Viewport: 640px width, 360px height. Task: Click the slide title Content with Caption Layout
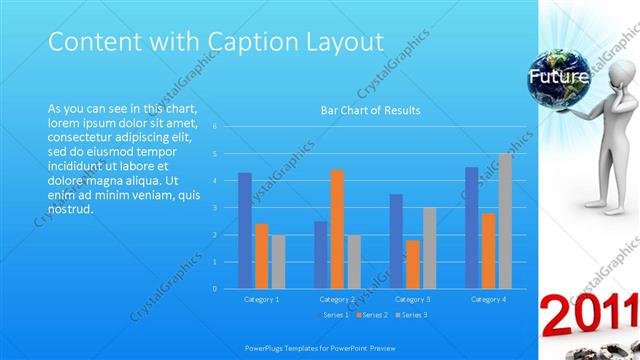click(216, 42)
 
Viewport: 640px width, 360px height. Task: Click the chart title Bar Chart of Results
click(370, 110)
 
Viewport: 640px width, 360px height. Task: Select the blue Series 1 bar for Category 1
click(245, 230)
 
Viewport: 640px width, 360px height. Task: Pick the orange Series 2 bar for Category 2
click(337, 229)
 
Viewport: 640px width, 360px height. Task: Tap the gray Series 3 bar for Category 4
click(505, 221)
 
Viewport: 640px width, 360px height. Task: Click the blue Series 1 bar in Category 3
click(396, 241)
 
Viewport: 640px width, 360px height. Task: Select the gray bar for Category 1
click(278, 261)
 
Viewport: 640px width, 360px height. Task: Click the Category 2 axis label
click(337, 299)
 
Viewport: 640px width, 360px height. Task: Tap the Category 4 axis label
click(488, 299)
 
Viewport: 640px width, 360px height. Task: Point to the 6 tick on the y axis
click(215, 127)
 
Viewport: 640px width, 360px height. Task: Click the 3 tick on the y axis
click(215, 208)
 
